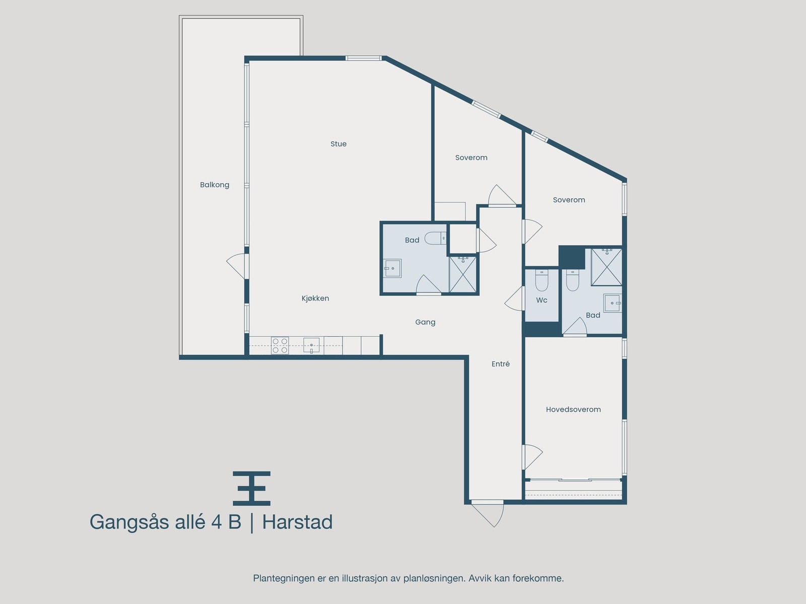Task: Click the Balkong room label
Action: click(x=215, y=185)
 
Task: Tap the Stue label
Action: click(x=339, y=144)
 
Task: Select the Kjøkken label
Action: click(x=315, y=298)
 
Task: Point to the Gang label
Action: click(x=425, y=322)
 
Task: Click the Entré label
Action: click(x=501, y=364)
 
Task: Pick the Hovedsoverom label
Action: click(x=573, y=410)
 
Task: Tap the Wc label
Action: click(x=542, y=300)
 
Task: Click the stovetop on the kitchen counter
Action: click(x=280, y=345)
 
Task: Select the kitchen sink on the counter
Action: click(x=311, y=345)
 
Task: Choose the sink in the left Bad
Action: click(x=392, y=268)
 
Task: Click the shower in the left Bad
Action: click(x=462, y=274)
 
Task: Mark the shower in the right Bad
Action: click(x=607, y=266)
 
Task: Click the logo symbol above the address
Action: click(x=251, y=488)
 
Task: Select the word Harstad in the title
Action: click(x=297, y=522)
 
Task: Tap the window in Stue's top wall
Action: click(x=363, y=58)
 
